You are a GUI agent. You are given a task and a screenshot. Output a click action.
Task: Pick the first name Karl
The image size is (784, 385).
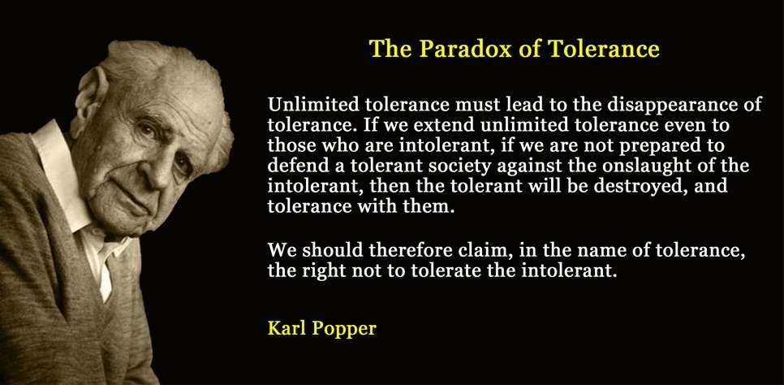(284, 329)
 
